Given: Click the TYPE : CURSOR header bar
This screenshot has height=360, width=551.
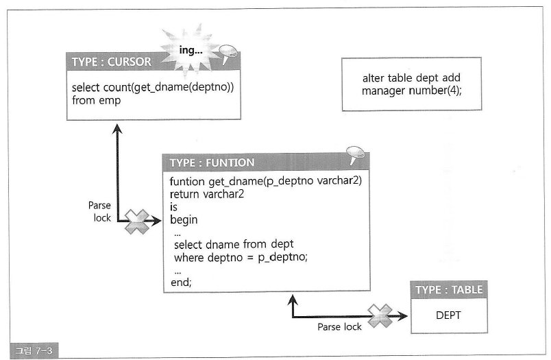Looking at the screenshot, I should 113,62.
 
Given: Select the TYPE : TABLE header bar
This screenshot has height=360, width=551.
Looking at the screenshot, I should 449,289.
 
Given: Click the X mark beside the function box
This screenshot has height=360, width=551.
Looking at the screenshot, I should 137,221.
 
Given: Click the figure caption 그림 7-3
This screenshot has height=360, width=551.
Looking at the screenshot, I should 33,351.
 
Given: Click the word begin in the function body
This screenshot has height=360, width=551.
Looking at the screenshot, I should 184,220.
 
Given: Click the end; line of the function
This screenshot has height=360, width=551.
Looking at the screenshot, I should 180,282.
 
